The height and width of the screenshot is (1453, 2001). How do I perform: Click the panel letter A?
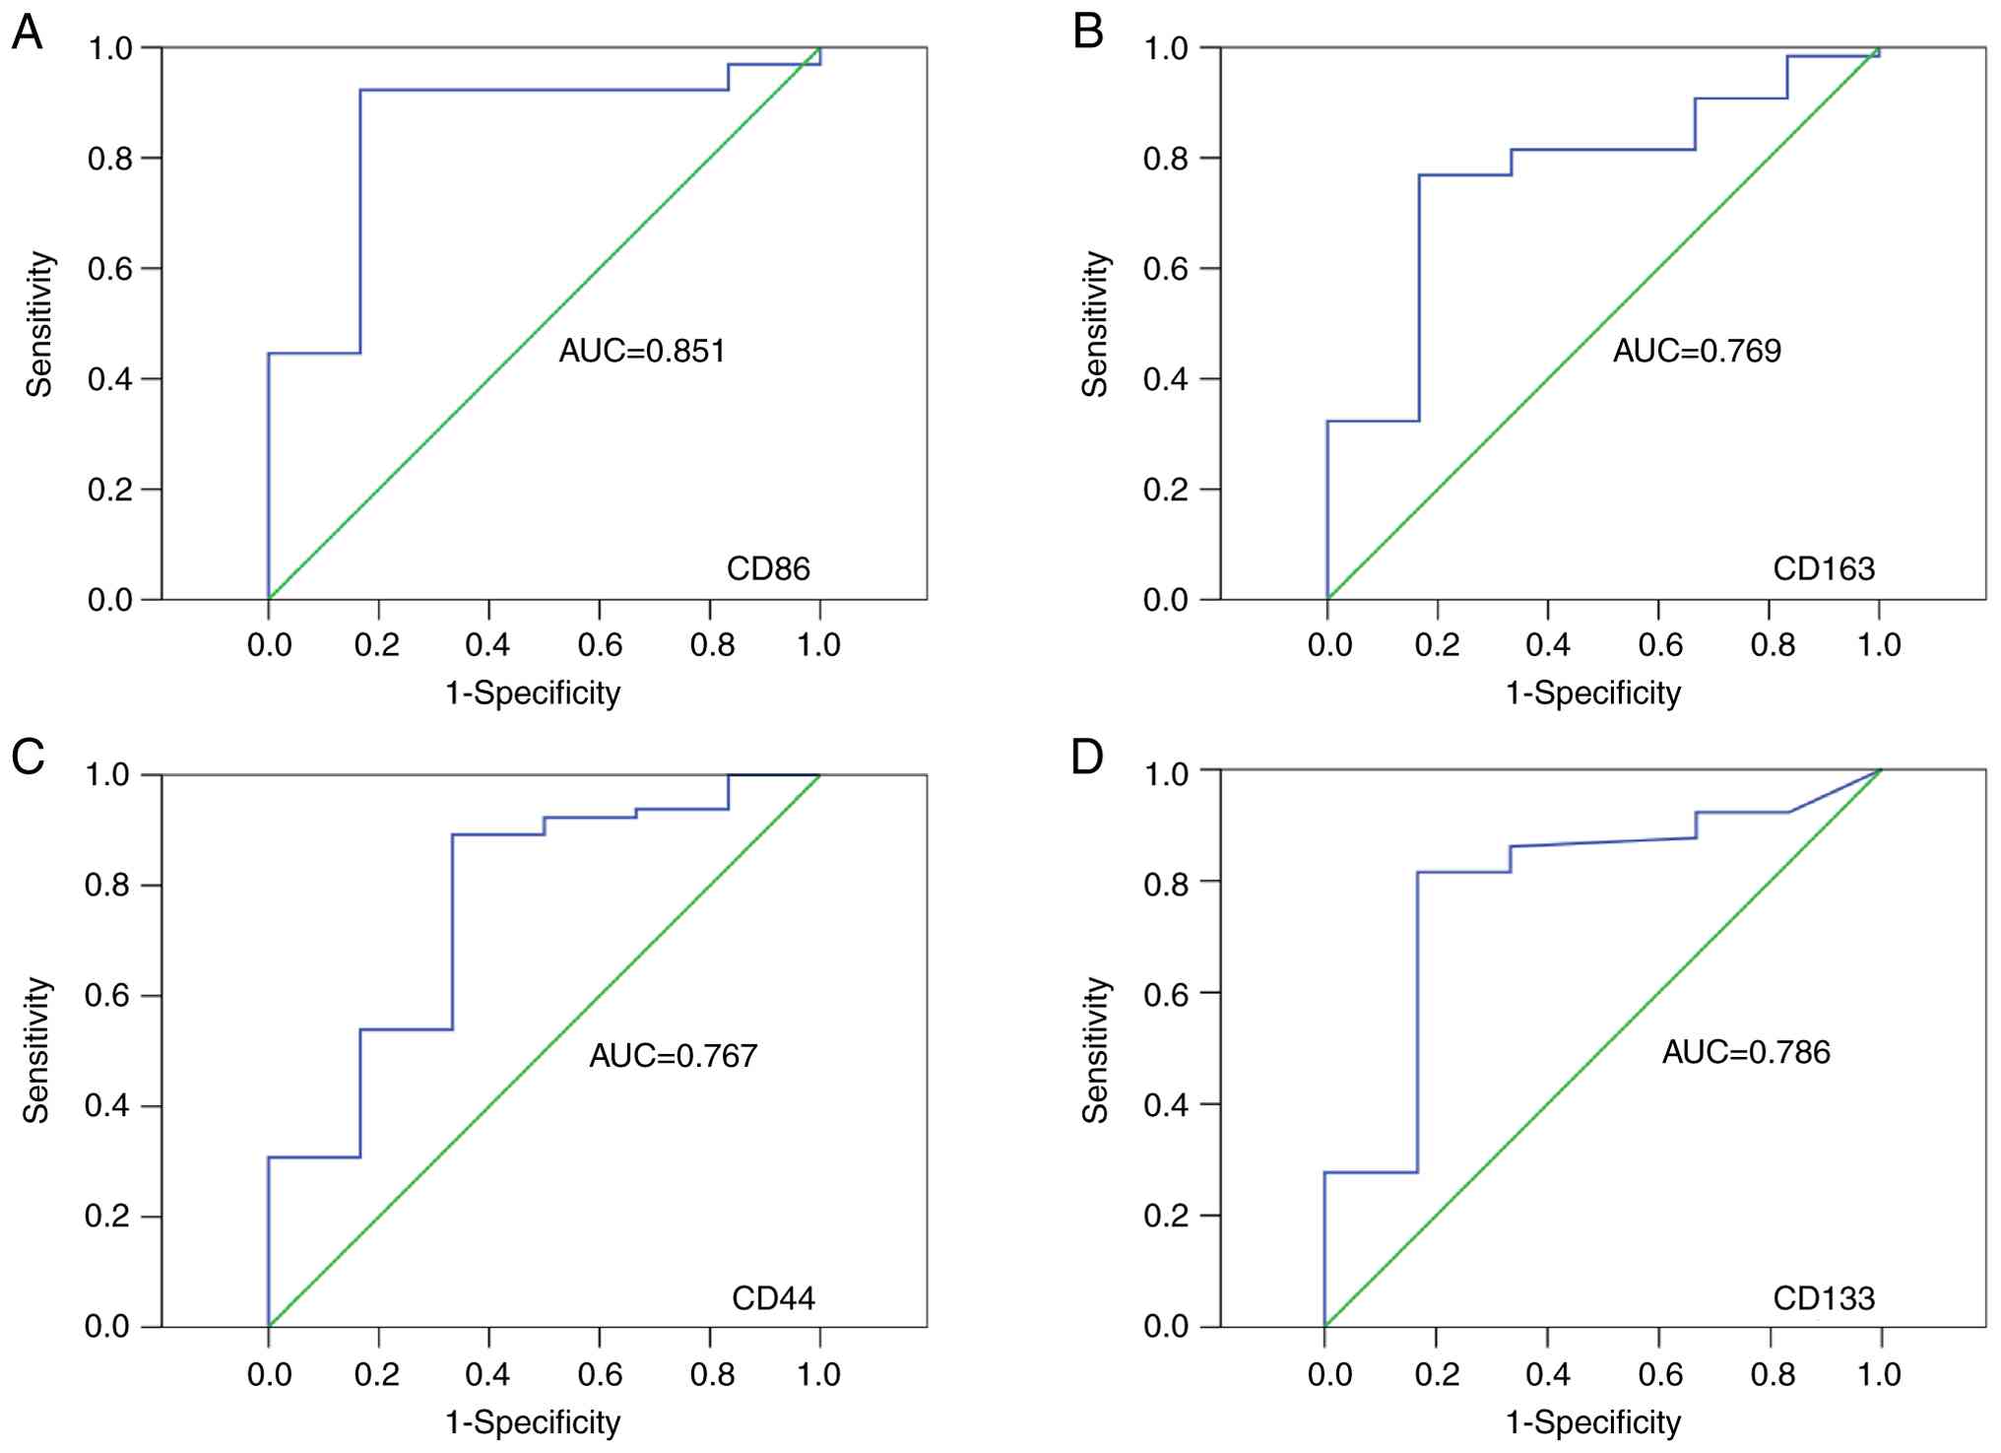pos(28,33)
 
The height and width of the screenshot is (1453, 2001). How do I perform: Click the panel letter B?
pos(1087,33)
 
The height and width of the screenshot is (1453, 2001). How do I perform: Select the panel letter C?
pos(28,757)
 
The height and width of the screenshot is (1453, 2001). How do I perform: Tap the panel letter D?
pos(1087,757)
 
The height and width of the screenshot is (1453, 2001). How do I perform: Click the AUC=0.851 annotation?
pos(642,351)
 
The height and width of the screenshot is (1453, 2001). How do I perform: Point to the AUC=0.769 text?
pos(1697,351)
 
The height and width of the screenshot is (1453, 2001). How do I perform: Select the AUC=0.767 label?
pos(674,1056)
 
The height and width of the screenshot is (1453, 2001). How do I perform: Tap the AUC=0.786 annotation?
pos(1746,1052)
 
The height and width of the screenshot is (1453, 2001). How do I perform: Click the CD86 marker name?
pos(768,568)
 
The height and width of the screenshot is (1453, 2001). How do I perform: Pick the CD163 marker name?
pos(1824,568)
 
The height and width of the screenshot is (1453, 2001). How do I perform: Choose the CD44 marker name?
pos(773,1298)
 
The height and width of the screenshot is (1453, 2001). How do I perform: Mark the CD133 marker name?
pos(1824,1298)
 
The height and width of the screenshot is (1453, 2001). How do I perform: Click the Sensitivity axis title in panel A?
pos(39,324)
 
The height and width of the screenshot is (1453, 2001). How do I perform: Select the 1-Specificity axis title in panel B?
pos(1592,693)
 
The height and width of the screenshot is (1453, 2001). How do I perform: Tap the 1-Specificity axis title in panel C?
pos(533,1422)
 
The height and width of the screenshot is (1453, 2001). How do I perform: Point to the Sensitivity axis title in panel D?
pos(1095,1050)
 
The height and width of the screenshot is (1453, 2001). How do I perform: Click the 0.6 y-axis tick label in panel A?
pos(110,269)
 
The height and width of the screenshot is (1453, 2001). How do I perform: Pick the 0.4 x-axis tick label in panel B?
pos(1547,645)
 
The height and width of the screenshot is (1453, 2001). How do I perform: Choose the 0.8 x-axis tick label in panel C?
pos(711,1374)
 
